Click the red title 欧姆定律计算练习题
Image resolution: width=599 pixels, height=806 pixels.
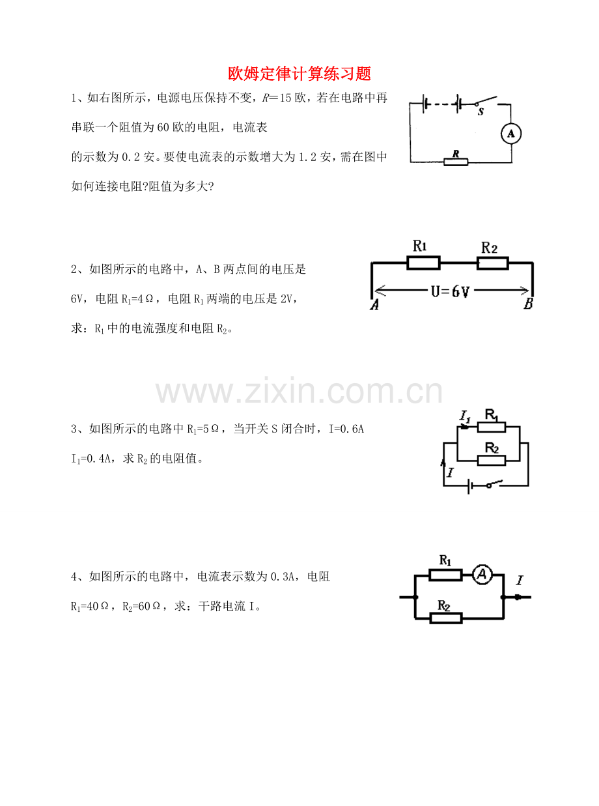point(299,74)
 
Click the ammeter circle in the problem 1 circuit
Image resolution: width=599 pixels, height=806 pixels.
point(510,134)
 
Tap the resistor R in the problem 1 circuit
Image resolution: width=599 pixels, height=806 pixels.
point(456,162)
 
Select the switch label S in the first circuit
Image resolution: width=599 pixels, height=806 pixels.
point(481,111)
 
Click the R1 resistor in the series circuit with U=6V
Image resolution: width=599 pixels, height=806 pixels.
point(423,263)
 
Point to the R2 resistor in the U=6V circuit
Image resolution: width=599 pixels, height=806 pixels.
point(492,263)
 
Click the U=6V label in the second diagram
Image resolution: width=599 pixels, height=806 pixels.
point(450,291)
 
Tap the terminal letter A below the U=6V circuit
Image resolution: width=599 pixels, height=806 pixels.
point(374,304)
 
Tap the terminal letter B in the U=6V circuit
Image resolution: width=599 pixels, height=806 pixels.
point(528,304)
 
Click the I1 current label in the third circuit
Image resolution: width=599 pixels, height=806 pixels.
point(465,416)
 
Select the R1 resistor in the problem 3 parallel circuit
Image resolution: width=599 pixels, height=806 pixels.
point(491,427)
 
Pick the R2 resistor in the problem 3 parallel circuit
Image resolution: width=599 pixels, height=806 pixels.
point(491,461)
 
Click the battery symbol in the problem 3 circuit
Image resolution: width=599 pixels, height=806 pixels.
point(470,485)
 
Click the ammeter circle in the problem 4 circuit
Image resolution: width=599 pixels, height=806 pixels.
point(482,574)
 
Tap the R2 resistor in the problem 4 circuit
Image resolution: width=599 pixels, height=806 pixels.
point(446,618)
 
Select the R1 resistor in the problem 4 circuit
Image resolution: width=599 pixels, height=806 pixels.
point(446,575)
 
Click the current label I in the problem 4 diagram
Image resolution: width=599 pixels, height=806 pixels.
point(520,581)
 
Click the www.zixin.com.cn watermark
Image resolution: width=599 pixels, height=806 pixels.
point(299,392)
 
